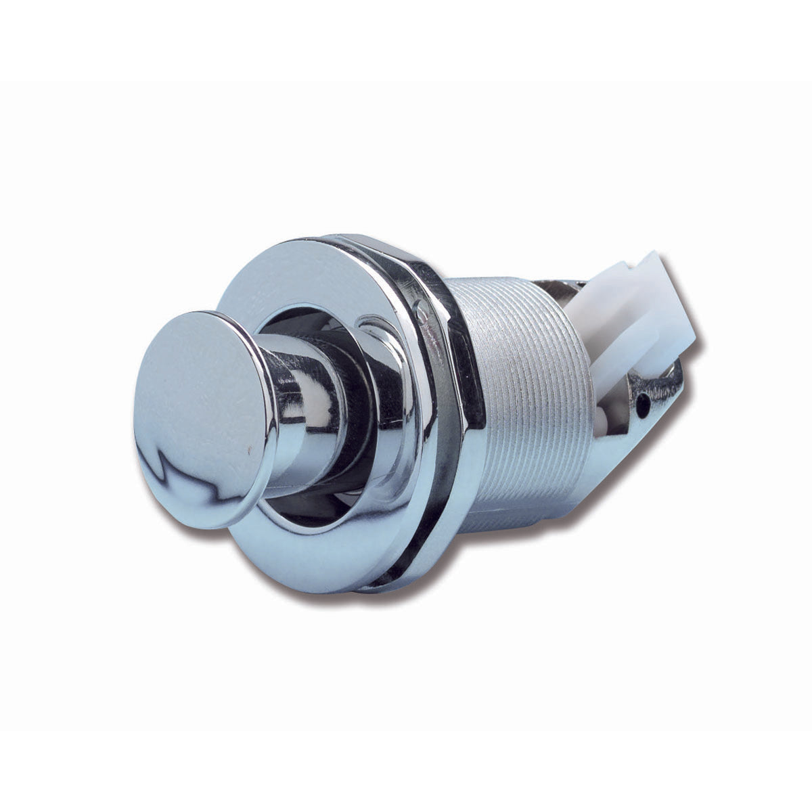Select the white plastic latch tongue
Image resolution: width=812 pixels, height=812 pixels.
click(x=629, y=318)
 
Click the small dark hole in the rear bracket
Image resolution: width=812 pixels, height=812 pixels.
click(x=644, y=405)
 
